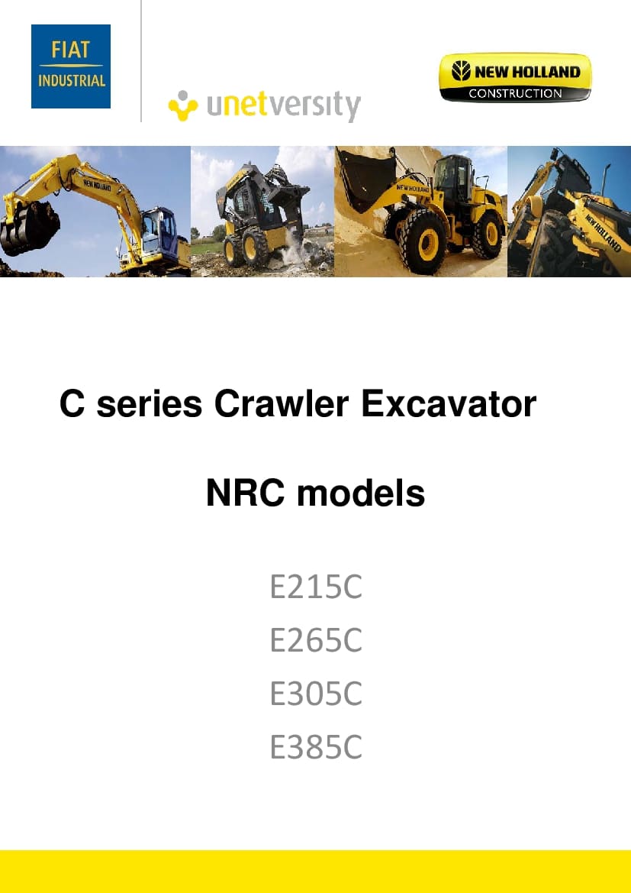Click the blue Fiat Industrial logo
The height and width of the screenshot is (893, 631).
pos(70,66)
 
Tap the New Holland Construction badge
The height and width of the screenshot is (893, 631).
pos(515,77)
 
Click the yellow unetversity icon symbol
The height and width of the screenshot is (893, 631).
pos(183,106)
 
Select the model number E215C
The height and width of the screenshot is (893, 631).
pos(316,587)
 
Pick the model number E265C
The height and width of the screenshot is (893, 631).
pos(316,640)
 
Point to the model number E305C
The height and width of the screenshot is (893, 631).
pos(316,694)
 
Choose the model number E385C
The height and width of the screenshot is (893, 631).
pos(316,746)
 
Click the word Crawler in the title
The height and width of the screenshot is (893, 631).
pos(281,404)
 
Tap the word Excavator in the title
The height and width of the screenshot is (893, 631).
pos(449,404)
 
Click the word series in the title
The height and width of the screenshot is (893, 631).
pos(149,404)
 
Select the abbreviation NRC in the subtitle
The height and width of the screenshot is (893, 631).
pos(245,493)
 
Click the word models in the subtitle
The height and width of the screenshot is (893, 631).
pos(361,493)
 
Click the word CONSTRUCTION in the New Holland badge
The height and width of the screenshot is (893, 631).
pos(515,93)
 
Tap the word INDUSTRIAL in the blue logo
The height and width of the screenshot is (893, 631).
pos(71,80)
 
